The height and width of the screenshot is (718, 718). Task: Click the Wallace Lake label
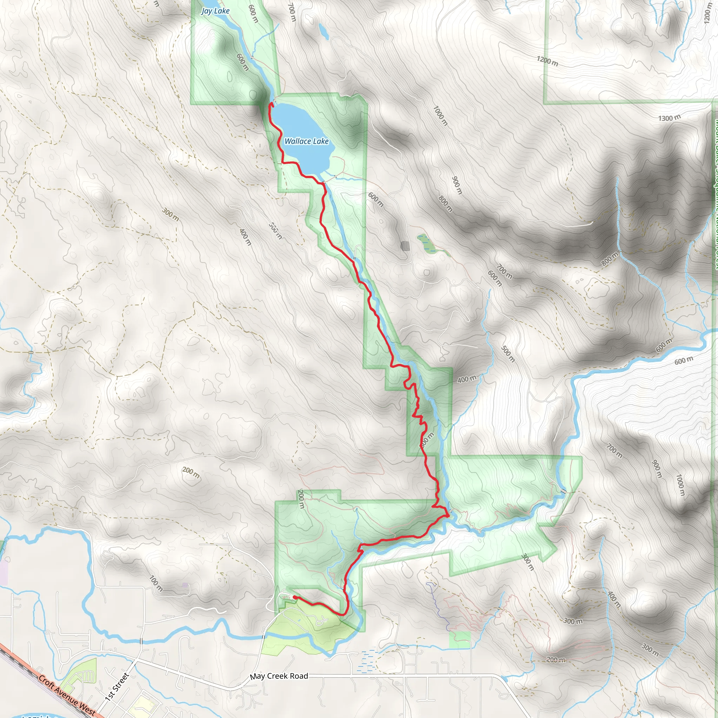307,141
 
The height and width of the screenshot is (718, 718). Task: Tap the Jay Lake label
215,11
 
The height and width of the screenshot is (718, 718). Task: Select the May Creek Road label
279,676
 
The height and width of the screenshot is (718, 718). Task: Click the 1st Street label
117,687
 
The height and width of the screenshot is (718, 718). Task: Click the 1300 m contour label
669,118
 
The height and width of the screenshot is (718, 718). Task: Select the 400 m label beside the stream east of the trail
466,379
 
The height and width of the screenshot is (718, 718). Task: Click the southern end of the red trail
295,597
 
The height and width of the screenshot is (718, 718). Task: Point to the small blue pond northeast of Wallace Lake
323,32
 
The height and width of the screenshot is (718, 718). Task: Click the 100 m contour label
156,583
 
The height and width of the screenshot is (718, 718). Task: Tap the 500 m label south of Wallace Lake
275,231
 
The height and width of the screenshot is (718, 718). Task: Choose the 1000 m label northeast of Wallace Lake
440,116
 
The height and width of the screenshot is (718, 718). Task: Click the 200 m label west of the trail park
191,472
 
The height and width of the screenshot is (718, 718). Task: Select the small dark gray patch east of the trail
405,246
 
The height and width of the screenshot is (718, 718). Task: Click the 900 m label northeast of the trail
457,185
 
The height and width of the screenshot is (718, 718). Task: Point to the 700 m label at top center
292,12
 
